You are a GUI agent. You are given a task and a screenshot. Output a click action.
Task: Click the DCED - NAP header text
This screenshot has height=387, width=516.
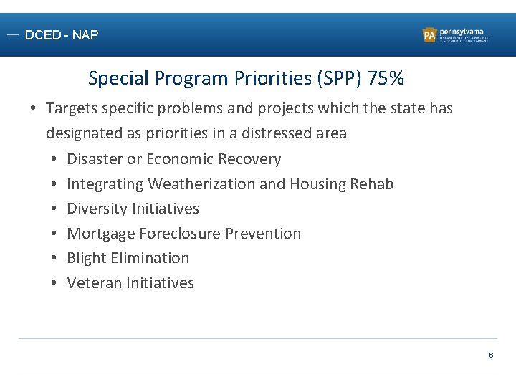pyautogui.click(x=62, y=34)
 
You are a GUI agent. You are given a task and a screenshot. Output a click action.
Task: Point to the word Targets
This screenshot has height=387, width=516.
pyautogui.click(x=73, y=108)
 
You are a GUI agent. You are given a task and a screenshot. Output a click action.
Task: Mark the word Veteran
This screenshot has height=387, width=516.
pyautogui.click(x=95, y=283)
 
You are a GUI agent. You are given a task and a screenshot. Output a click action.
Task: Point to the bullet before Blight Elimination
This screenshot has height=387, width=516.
pyautogui.click(x=54, y=258)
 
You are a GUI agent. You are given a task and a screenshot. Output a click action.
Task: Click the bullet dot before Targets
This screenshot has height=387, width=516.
pyautogui.click(x=34, y=108)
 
